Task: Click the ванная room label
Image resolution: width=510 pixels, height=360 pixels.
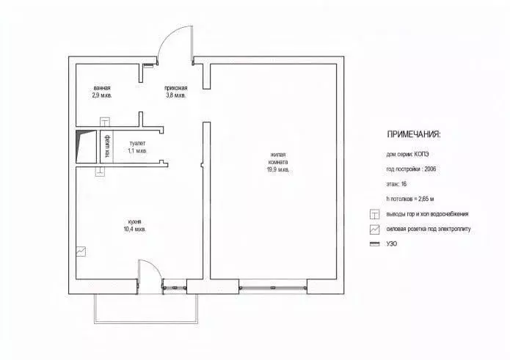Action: point(102,92)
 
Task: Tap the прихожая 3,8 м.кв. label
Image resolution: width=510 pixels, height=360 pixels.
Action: point(175,92)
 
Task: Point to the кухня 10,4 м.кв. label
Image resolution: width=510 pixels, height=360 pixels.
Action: point(134,226)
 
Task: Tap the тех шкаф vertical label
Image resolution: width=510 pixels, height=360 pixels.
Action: point(107,146)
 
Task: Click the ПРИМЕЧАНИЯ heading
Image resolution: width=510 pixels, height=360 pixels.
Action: point(414,134)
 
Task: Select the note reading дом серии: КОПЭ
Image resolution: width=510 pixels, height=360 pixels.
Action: point(407,154)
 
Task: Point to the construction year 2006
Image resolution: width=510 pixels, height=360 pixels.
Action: point(430,169)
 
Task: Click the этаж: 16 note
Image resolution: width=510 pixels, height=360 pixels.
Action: point(396,184)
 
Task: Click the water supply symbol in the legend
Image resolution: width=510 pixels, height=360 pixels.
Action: point(375,214)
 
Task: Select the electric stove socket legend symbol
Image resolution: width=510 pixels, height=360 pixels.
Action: point(375,229)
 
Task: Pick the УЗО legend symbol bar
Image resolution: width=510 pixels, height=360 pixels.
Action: point(375,243)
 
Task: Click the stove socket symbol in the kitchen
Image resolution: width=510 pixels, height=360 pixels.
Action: point(81,251)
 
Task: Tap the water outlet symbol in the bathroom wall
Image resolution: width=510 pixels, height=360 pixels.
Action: point(105,122)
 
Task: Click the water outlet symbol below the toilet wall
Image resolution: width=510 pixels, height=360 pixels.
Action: point(101,172)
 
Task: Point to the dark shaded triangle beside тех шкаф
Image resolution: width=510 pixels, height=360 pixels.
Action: point(83,140)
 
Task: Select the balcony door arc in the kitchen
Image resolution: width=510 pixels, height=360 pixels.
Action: point(153,265)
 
